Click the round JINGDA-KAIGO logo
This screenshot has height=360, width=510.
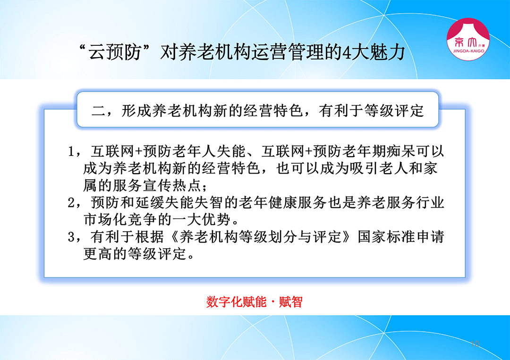468,39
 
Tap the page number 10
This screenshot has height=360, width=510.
475,344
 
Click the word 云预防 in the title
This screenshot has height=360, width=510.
114,52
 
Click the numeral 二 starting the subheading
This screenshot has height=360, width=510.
98,111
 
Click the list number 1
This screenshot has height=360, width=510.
71,151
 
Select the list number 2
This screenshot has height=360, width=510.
71,203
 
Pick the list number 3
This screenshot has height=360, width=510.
71,237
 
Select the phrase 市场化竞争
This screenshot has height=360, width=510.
119,220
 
